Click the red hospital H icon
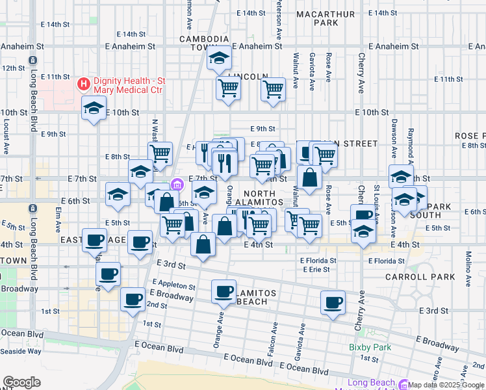tap(84, 83)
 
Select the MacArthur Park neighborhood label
tap(316, 18)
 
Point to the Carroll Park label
tap(429, 276)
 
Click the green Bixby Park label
tap(370, 347)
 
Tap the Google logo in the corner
tap(21, 382)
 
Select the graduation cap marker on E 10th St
tap(94, 108)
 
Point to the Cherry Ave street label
tap(361, 73)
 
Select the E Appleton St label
tap(173, 285)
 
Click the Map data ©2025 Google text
tap(446, 385)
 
